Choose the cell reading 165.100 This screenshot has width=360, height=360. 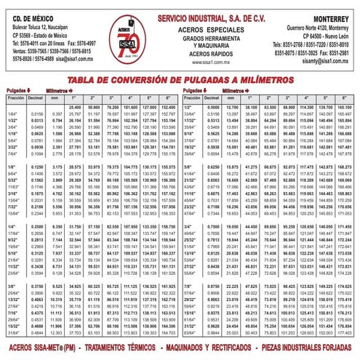pos(345,106)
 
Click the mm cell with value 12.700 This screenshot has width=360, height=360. pos(234,106)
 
